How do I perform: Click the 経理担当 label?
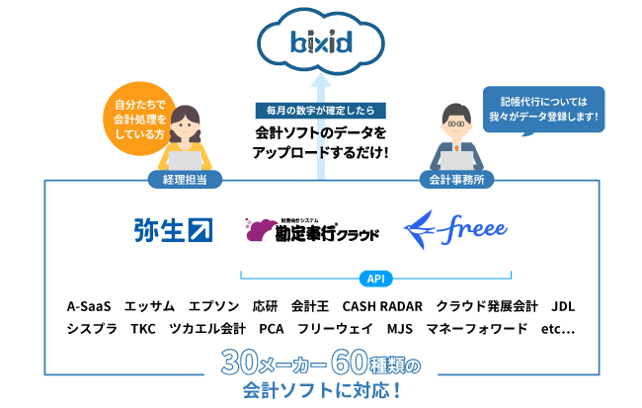[184, 180]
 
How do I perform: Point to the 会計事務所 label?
[457, 180]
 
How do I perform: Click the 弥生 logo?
[173, 229]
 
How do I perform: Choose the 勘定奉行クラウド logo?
[313, 231]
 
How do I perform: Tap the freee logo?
[456, 230]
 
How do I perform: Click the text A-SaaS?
[90, 305]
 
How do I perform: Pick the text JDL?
[563, 305]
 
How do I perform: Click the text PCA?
[271, 328]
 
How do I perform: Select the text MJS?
[400, 328]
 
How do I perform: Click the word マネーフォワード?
[476, 328]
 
